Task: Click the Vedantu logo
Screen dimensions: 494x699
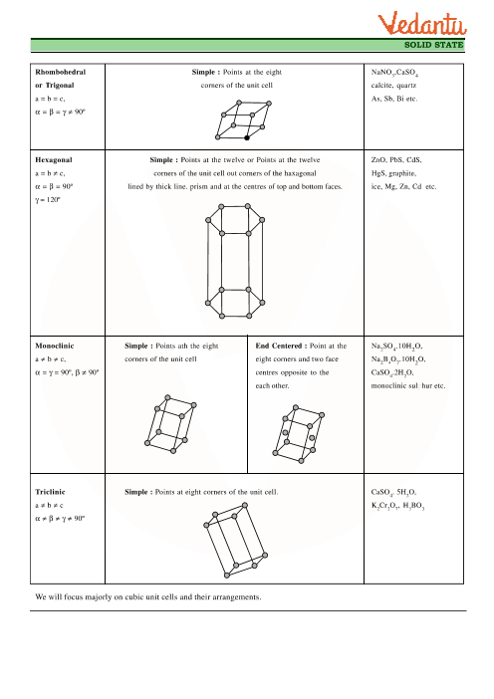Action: (422, 24)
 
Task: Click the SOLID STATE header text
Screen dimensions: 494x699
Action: (434, 45)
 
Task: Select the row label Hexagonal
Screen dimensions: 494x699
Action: (54, 160)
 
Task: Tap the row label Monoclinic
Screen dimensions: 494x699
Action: (55, 346)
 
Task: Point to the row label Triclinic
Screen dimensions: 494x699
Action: (50, 492)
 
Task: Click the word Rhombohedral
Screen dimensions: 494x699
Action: (60, 72)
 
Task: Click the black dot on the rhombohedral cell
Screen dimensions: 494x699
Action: (247, 137)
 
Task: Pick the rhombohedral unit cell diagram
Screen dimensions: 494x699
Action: (243, 120)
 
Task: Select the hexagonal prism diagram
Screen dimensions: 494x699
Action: (235, 261)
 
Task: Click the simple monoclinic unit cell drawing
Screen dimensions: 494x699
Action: (170, 424)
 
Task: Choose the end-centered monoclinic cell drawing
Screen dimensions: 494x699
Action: (298, 434)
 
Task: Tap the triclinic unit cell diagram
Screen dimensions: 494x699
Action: (235, 540)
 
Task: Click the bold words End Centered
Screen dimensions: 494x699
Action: (279, 346)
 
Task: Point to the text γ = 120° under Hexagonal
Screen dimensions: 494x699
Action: (48, 200)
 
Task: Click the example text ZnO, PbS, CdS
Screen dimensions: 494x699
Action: (396, 160)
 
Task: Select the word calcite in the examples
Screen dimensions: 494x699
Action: (382, 86)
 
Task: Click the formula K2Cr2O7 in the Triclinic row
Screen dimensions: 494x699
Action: (385, 506)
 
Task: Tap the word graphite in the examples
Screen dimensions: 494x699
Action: (402, 173)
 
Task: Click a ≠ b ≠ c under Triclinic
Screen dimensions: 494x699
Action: (49, 506)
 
